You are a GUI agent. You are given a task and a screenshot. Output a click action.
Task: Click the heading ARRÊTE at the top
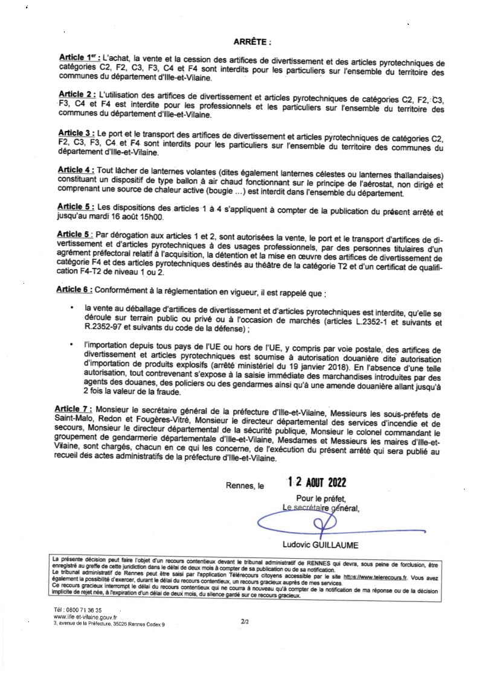[x=252, y=43]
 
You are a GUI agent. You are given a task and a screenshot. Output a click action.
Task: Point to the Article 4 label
[x=77, y=171]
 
